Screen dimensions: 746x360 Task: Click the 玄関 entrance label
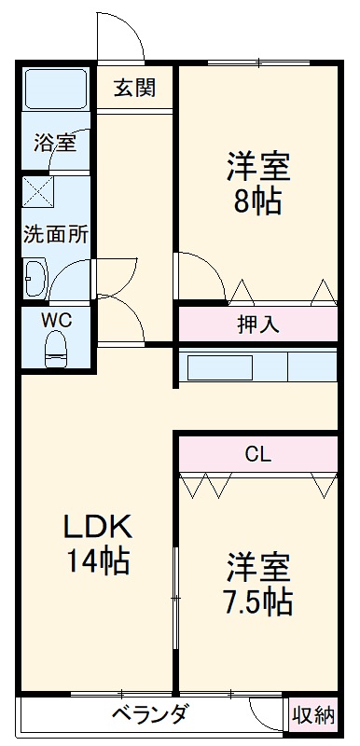pyautogui.click(x=134, y=89)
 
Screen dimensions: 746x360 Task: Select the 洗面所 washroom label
pyautogui.click(x=56, y=233)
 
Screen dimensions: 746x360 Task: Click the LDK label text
pyautogui.click(x=97, y=527)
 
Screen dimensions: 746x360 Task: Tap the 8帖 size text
pyautogui.click(x=257, y=200)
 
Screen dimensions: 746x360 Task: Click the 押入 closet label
pyautogui.click(x=258, y=325)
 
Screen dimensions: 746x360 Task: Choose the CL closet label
pyautogui.click(x=257, y=456)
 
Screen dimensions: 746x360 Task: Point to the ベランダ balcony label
pyautogui.click(x=150, y=715)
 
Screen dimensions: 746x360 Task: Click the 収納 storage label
pyautogui.click(x=313, y=716)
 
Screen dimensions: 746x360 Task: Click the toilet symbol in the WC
pyautogui.click(x=57, y=349)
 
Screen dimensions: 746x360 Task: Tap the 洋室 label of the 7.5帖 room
pyautogui.click(x=257, y=566)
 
